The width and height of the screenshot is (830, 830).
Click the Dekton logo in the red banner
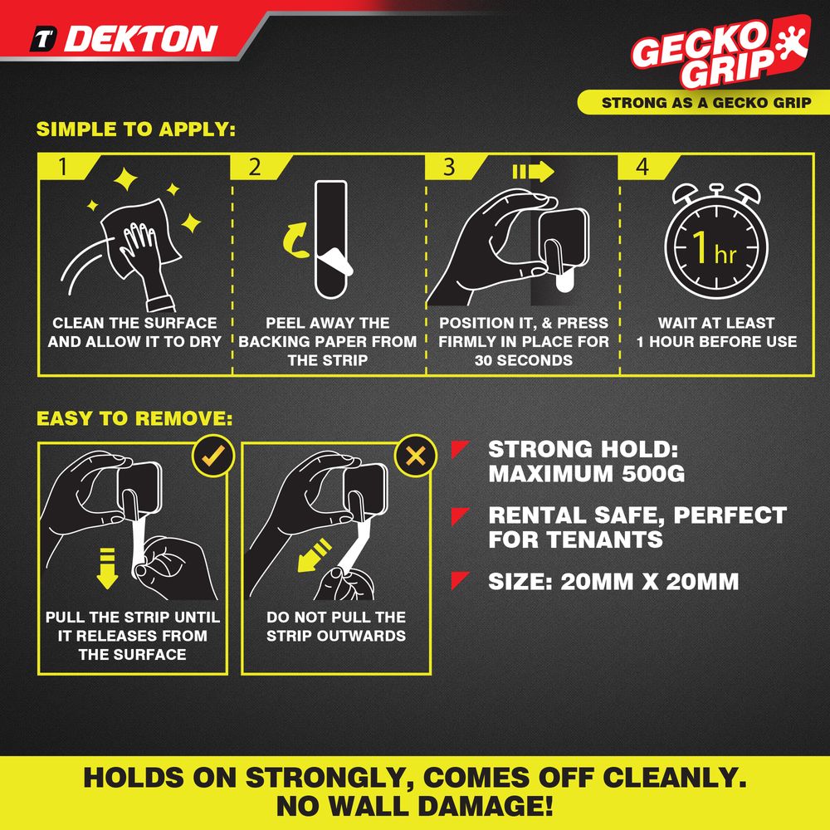[124, 39]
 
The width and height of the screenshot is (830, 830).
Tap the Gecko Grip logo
[720, 51]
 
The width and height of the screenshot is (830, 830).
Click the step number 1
[63, 167]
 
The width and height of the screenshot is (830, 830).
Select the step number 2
[255, 167]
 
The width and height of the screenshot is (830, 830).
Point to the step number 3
[449, 167]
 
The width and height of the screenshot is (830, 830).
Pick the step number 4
[642, 167]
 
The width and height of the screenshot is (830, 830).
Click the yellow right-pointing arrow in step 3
[533, 171]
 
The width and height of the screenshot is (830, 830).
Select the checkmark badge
[212, 456]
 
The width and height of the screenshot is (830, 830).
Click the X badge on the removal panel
[416, 456]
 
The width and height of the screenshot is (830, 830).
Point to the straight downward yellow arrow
[107, 569]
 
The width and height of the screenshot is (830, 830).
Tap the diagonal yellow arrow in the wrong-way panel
[315, 556]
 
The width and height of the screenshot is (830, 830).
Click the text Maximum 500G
[587, 473]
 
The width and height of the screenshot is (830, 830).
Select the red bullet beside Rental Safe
[460, 516]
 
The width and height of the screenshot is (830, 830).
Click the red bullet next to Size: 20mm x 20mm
[460, 581]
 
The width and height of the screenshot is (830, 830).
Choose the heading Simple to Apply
[136, 129]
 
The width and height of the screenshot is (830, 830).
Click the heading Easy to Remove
[134, 418]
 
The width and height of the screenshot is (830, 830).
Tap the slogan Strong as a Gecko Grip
[706, 103]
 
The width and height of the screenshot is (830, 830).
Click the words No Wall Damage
[415, 806]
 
